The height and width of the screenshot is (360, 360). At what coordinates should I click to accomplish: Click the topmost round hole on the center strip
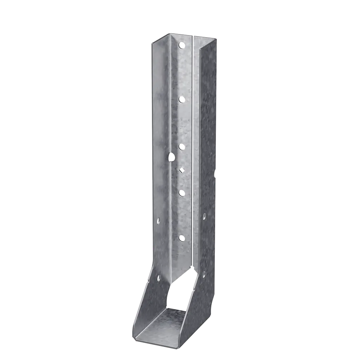(181, 45)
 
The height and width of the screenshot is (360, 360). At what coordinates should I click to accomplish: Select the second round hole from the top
(182, 99)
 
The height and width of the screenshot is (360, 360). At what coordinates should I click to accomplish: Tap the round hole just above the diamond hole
(181, 147)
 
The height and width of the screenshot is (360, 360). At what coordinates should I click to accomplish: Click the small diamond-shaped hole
(181, 171)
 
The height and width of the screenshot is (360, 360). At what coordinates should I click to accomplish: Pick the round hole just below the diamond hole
(182, 193)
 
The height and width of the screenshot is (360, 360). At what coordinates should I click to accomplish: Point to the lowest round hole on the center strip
(182, 238)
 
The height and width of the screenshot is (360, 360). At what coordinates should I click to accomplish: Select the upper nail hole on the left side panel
(158, 221)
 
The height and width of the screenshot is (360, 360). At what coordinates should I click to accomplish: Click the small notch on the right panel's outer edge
(216, 173)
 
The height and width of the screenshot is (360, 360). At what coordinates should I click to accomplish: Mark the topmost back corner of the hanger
(171, 33)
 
